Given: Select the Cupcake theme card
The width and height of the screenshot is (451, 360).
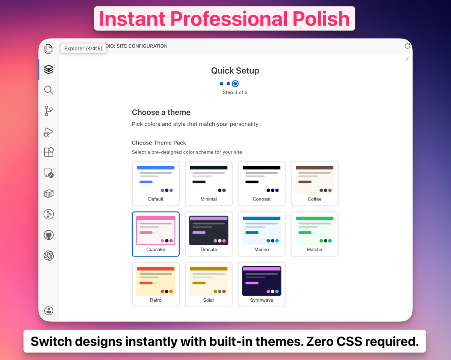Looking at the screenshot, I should tap(156, 234).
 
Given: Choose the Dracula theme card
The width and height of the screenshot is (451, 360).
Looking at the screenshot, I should tap(209, 234).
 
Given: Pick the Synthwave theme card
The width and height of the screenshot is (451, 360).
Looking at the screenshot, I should tap(262, 284).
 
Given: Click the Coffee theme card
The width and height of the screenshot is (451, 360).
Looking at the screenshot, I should tap(315, 183).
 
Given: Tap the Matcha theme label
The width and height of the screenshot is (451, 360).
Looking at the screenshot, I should tap(315, 249).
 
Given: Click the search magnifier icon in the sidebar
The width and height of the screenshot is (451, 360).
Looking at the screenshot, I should tap(48, 90).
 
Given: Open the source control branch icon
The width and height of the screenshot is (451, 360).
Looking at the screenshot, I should tap(48, 111).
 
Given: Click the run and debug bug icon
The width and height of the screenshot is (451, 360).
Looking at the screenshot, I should tap(48, 132).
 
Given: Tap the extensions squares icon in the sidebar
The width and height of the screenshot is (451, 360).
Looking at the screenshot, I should tap(48, 152).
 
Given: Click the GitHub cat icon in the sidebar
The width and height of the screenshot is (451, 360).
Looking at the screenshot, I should tap(48, 235).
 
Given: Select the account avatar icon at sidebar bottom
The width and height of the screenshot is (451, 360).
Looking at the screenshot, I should tap(48, 311).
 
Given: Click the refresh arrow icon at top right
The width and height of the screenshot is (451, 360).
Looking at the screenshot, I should tap(407, 46).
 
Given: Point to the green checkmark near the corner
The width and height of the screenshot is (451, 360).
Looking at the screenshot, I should tap(407, 59).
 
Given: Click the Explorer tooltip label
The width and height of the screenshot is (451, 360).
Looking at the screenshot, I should tap(83, 49).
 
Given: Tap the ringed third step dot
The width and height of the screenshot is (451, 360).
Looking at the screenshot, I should tap(235, 84).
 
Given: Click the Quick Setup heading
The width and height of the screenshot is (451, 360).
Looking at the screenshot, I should tap(235, 71).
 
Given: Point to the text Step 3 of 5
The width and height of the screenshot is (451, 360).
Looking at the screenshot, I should tap(235, 93).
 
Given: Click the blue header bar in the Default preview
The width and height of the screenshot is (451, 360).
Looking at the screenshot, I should tap(156, 168).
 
